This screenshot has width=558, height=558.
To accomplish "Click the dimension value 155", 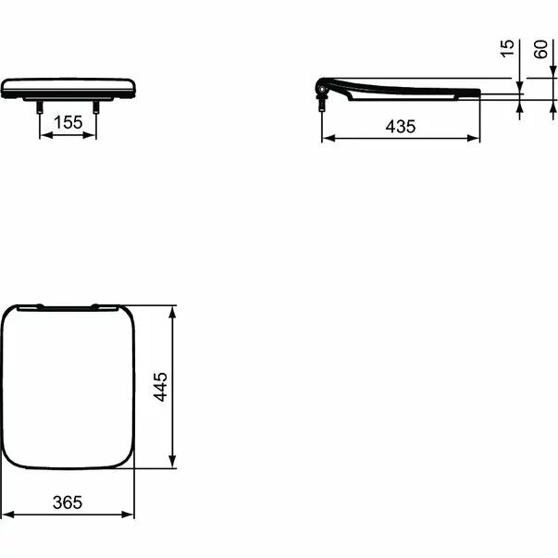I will click(x=68, y=121).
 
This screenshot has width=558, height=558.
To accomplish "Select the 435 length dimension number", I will click(x=400, y=127).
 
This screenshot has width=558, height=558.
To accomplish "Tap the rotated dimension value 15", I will click(x=506, y=49).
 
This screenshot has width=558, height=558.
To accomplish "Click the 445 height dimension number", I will click(x=160, y=386).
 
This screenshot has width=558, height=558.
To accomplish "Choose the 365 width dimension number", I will click(x=68, y=502).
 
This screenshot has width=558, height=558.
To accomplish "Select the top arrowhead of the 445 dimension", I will click(x=173, y=310).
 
